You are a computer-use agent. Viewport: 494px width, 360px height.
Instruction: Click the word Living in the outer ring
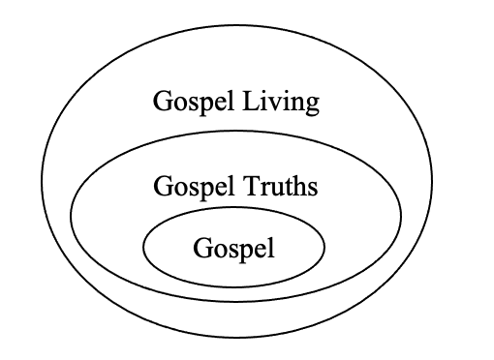click(281, 102)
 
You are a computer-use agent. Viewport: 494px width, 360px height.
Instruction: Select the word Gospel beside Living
click(194, 102)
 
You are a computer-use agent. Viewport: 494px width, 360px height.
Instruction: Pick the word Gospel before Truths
click(194, 187)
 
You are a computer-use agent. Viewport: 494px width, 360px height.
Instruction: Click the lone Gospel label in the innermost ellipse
click(234, 249)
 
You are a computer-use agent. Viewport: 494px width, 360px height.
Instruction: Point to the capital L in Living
click(251, 101)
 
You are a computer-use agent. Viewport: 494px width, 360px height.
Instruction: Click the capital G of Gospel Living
click(163, 101)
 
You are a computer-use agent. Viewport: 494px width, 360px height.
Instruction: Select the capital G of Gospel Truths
click(164, 186)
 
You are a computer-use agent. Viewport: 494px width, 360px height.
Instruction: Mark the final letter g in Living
click(312, 106)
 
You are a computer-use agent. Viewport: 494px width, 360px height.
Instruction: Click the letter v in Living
click(275, 105)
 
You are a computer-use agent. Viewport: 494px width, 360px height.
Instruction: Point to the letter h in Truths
click(297, 185)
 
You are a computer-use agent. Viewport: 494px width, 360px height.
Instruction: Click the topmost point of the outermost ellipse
click(236, 25)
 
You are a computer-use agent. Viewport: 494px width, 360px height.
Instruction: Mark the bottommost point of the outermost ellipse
click(236, 337)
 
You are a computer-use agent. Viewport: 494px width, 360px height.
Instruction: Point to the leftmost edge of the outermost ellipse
click(42, 181)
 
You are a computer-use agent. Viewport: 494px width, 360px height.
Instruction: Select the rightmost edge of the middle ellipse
click(401, 216)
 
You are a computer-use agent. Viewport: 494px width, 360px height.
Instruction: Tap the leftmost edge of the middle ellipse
click(71, 215)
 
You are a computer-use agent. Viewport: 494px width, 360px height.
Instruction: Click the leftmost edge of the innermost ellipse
click(143, 247)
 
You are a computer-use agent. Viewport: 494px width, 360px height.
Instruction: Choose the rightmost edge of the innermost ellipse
click(324, 247)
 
